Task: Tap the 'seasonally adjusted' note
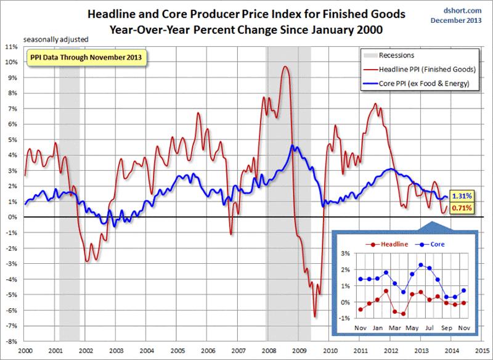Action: pyautogui.click(x=55, y=39)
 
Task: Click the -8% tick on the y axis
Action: pyautogui.click(x=10, y=342)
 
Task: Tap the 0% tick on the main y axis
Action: pyautogui.click(x=12, y=217)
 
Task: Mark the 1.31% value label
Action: pyautogui.click(x=462, y=195)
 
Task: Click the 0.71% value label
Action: pyautogui.click(x=462, y=208)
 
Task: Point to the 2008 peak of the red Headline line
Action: pyautogui.click(x=285, y=67)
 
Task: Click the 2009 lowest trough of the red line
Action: pyautogui.click(x=314, y=316)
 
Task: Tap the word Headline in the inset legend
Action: pyautogui.click(x=393, y=244)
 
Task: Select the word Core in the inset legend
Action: pyautogui.click(x=436, y=244)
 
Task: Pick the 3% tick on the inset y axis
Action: pyautogui.click(x=346, y=254)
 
